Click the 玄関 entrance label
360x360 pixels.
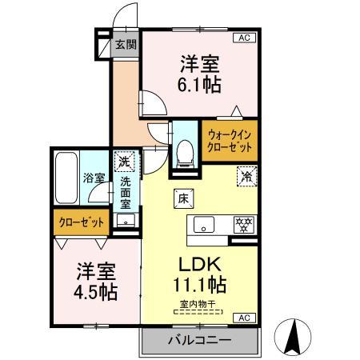(124, 45)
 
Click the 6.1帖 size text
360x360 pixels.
(200, 83)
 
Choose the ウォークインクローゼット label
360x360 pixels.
(230, 142)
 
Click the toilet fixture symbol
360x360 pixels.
(185, 150)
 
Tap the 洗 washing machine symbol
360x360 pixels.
(124, 162)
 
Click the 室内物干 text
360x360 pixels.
(198, 303)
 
